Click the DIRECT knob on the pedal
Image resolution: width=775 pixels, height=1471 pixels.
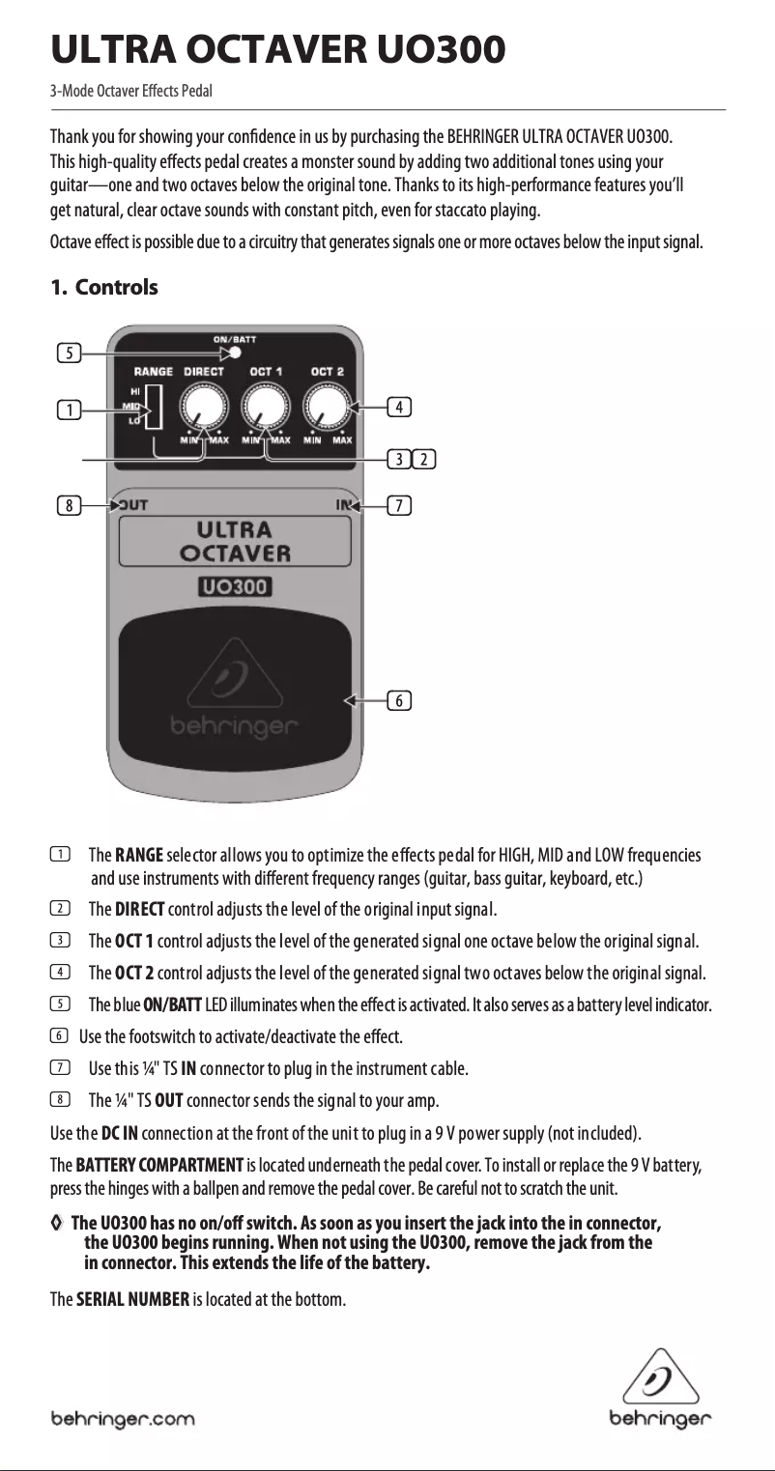[x=205, y=406]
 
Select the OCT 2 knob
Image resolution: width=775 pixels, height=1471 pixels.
[x=328, y=406]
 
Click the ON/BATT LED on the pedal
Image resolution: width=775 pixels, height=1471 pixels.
[x=236, y=353]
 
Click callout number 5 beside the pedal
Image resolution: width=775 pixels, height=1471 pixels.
[x=68, y=354]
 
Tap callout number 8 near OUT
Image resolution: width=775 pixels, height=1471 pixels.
[x=68, y=504]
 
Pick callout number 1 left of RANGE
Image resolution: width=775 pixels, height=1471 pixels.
[x=68, y=410]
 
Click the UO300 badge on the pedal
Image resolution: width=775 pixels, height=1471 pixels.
[x=235, y=586]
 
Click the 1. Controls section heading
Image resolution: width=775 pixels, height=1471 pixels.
[x=103, y=288]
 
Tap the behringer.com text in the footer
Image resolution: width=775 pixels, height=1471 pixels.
[x=123, y=1419]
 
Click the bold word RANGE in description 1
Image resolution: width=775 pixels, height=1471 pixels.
[x=139, y=856]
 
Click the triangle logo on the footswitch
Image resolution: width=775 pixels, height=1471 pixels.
[x=234, y=681]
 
